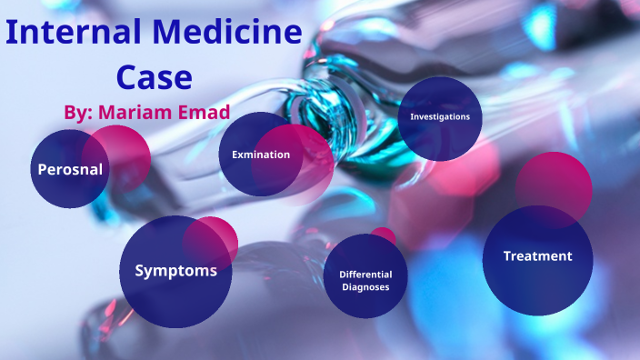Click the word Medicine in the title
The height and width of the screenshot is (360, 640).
[x=234, y=35]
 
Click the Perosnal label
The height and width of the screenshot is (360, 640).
[x=69, y=169]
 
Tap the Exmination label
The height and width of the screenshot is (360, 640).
[x=261, y=155]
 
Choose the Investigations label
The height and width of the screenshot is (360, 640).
[x=440, y=117]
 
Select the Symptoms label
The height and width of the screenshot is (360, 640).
[x=175, y=270]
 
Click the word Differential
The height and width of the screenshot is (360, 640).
[x=365, y=274]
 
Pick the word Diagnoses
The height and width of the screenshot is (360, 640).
[x=365, y=286]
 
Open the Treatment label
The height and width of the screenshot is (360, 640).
[x=537, y=256]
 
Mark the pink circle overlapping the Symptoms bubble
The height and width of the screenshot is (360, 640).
[x=216, y=238]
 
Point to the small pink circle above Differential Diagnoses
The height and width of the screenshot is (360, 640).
[x=385, y=235]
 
